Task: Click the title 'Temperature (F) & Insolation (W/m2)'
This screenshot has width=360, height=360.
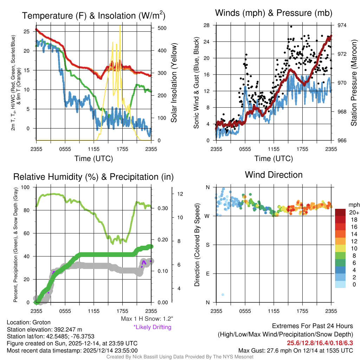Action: click(x=94, y=16)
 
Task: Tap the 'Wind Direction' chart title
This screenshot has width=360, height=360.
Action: click(x=274, y=175)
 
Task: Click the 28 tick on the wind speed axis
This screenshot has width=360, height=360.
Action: click(x=206, y=25)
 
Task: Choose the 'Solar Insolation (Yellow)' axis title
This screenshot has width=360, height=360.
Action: click(x=174, y=83)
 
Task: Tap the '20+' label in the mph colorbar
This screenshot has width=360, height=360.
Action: click(x=353, y=213)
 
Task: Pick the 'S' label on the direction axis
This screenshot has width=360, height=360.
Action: click(x=207, y=245)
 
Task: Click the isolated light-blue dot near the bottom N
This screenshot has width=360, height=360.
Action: click(x=223, y=295)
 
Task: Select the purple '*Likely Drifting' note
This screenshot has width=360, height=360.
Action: click(x=152, y=327)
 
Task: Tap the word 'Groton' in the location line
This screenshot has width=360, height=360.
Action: click(x=41, y=322)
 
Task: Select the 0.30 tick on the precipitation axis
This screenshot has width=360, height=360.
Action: click(x=163, y=208)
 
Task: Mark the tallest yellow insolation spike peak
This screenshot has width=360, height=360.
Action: click(x=120, y=26)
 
